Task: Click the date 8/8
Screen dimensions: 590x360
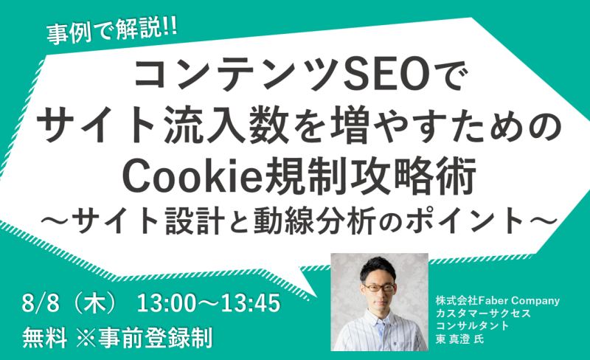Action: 41,303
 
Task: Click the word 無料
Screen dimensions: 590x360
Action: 45,337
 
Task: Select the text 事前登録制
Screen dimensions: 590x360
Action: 156,337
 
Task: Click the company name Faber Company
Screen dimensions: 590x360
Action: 519,301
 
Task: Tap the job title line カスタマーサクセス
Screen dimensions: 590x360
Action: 483,314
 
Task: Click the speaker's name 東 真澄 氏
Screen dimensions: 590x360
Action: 459,339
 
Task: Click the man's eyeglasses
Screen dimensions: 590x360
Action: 378,288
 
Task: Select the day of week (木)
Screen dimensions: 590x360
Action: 95,303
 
